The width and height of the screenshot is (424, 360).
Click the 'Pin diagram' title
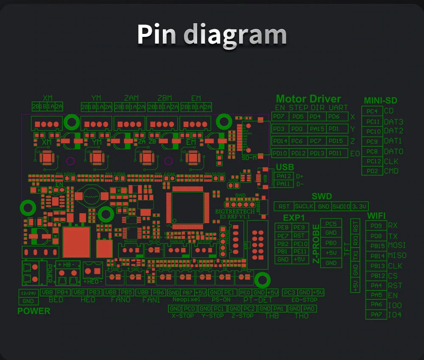point(212,35)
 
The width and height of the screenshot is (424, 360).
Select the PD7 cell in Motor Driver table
point(280,117)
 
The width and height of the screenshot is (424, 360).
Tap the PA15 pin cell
point(317,128)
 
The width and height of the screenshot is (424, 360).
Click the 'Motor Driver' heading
point(308,99)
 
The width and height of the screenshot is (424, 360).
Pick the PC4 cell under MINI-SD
point(372,112)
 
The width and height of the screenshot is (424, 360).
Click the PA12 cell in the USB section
point(284,176)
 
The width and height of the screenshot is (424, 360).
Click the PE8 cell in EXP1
point(283,227)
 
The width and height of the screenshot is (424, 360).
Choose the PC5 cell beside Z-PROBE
point(331,223)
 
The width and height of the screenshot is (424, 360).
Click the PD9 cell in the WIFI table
point(376,226)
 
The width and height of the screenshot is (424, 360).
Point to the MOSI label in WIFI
point(397,246)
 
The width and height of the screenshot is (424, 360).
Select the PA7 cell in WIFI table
point(376,315)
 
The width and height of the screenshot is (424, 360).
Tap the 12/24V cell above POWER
point(28,293)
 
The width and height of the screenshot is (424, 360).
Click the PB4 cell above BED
point(63,293)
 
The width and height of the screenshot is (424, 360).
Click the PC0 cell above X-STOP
point(190,309)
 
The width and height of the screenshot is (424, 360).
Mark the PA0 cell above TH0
point(310,309)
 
